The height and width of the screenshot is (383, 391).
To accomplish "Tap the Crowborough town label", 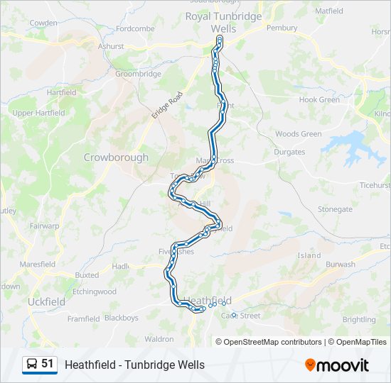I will pos(116,157).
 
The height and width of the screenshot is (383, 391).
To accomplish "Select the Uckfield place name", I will pos(46,301).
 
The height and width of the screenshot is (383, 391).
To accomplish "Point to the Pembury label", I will pos(282,28).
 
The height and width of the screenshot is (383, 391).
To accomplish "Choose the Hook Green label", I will pos(319,100).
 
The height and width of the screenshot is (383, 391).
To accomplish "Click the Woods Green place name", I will pos(298,134).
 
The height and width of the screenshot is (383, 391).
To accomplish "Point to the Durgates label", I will pos(290,152).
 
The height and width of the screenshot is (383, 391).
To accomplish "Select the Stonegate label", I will pos(334,209).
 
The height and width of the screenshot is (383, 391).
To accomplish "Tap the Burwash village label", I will pos(340,265).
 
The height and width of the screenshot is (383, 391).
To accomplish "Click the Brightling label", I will pos(358,320).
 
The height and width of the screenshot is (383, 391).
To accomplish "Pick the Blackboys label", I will pos(121,318).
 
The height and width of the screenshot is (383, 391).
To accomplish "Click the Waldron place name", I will pos(159,339).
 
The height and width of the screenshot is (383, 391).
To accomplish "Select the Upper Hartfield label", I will pos(38,113).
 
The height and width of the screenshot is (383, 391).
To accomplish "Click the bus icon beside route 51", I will pos(32,364).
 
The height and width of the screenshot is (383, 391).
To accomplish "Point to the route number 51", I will pos(48,364).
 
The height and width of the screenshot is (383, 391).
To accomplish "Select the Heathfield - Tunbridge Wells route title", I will pos(134,365).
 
